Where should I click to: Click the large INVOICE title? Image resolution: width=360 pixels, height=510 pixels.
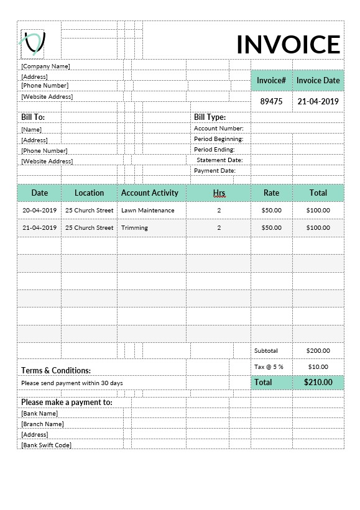(288, 45)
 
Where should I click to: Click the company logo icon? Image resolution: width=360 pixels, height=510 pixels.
(33, 42)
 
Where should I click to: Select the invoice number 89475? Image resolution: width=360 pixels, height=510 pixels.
(271, 101)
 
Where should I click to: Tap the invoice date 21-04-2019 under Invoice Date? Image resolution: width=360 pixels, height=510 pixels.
(318, 101)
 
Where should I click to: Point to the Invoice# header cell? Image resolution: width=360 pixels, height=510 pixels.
(271, 80)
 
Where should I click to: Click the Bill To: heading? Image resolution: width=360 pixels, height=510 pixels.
(33, 117)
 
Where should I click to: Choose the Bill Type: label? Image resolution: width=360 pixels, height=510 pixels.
(210, 117)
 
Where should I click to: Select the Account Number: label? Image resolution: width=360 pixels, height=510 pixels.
(218, 129)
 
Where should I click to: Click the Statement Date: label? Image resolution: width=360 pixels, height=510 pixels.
(219, 160)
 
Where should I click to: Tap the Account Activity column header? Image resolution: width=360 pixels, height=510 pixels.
(150, 193)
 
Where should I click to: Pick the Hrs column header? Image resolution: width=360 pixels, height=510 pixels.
(219, 193)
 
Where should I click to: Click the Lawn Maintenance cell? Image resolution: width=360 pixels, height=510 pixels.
(148, 210)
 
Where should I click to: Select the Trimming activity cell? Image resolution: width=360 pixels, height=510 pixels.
(134, 227)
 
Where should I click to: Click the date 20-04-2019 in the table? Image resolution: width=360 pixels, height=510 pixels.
(39, 210)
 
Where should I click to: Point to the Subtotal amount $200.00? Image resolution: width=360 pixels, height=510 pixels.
(318, 350)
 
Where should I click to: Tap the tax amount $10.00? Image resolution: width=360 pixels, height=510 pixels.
(318, 367)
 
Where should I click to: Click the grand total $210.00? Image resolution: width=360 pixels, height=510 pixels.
(318, 382)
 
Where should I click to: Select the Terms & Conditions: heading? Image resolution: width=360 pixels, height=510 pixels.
(56, 370)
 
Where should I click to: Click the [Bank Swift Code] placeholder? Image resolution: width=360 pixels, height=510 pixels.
(46, 445)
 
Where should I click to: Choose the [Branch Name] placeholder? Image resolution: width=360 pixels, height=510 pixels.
(42, 424)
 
